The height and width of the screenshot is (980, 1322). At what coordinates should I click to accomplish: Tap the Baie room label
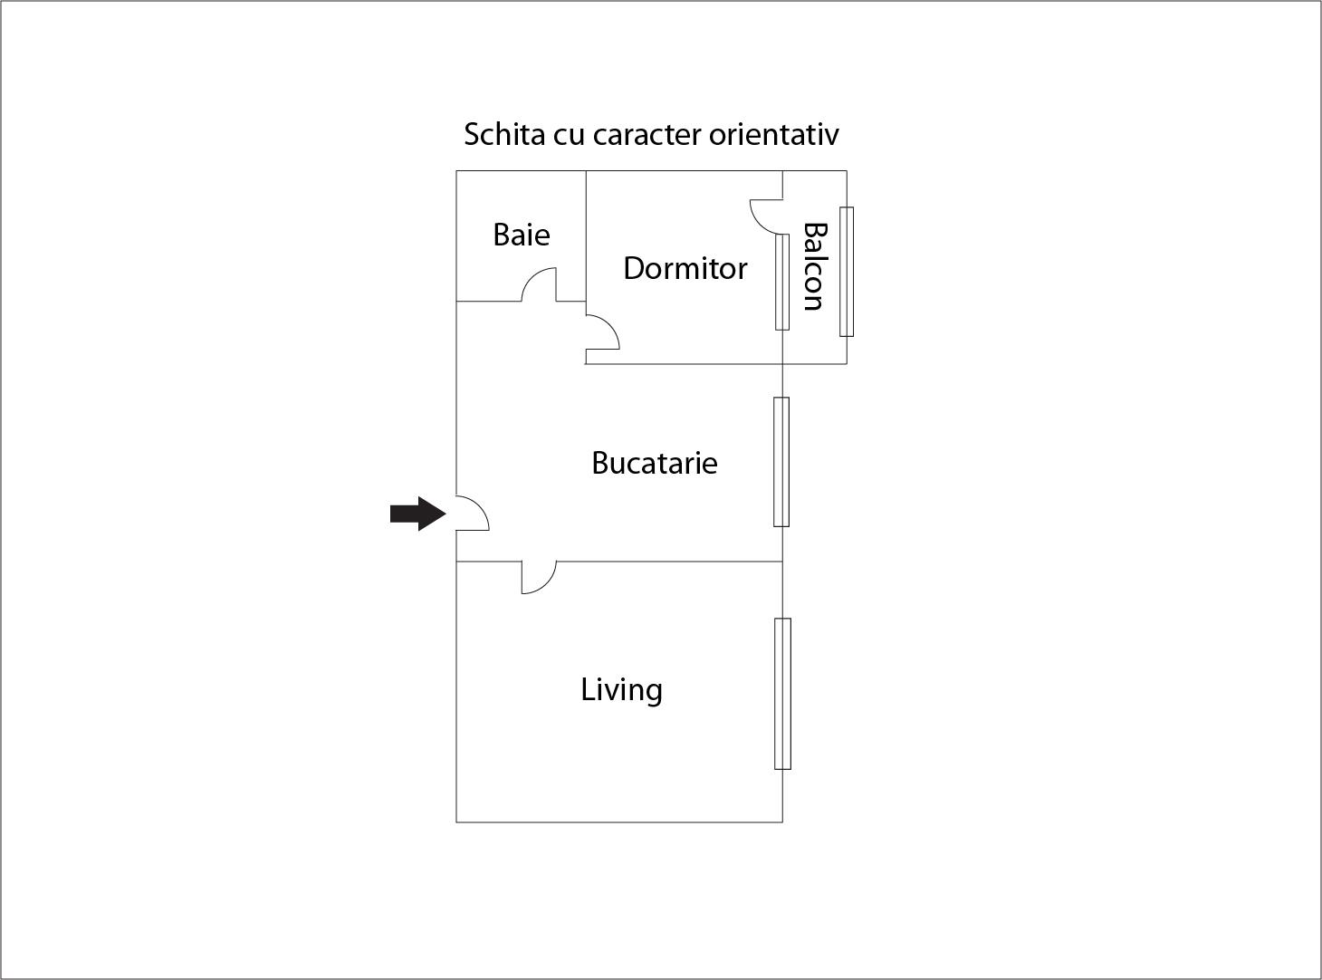click(522, 235)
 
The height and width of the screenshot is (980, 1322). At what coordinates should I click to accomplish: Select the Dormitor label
click(685, 268)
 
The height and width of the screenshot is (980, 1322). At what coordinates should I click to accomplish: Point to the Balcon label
click(814, 267)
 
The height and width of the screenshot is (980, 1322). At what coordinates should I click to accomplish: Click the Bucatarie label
click(654, 463)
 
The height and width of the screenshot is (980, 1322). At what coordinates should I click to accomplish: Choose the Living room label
click(621, 690)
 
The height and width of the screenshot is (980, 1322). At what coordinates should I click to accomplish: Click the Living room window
click(782, 694)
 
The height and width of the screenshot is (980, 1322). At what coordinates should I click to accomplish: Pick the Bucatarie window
click(781, 462)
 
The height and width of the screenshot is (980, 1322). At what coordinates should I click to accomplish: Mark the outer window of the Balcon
click(846, 272)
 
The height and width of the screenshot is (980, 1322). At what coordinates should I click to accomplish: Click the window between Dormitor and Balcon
click(782, 282)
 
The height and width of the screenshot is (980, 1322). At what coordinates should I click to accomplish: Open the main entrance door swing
click(472, 514)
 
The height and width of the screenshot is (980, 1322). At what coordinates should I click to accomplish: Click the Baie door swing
click(540, 284)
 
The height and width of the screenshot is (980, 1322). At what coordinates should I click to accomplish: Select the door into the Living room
click(538, 577)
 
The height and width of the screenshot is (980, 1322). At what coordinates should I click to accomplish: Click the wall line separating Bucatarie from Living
click(670, 562)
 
